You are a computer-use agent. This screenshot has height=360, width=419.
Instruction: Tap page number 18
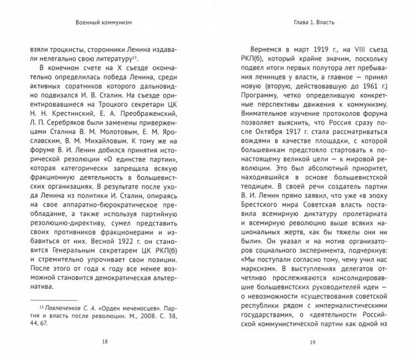[x=104, y=341]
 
